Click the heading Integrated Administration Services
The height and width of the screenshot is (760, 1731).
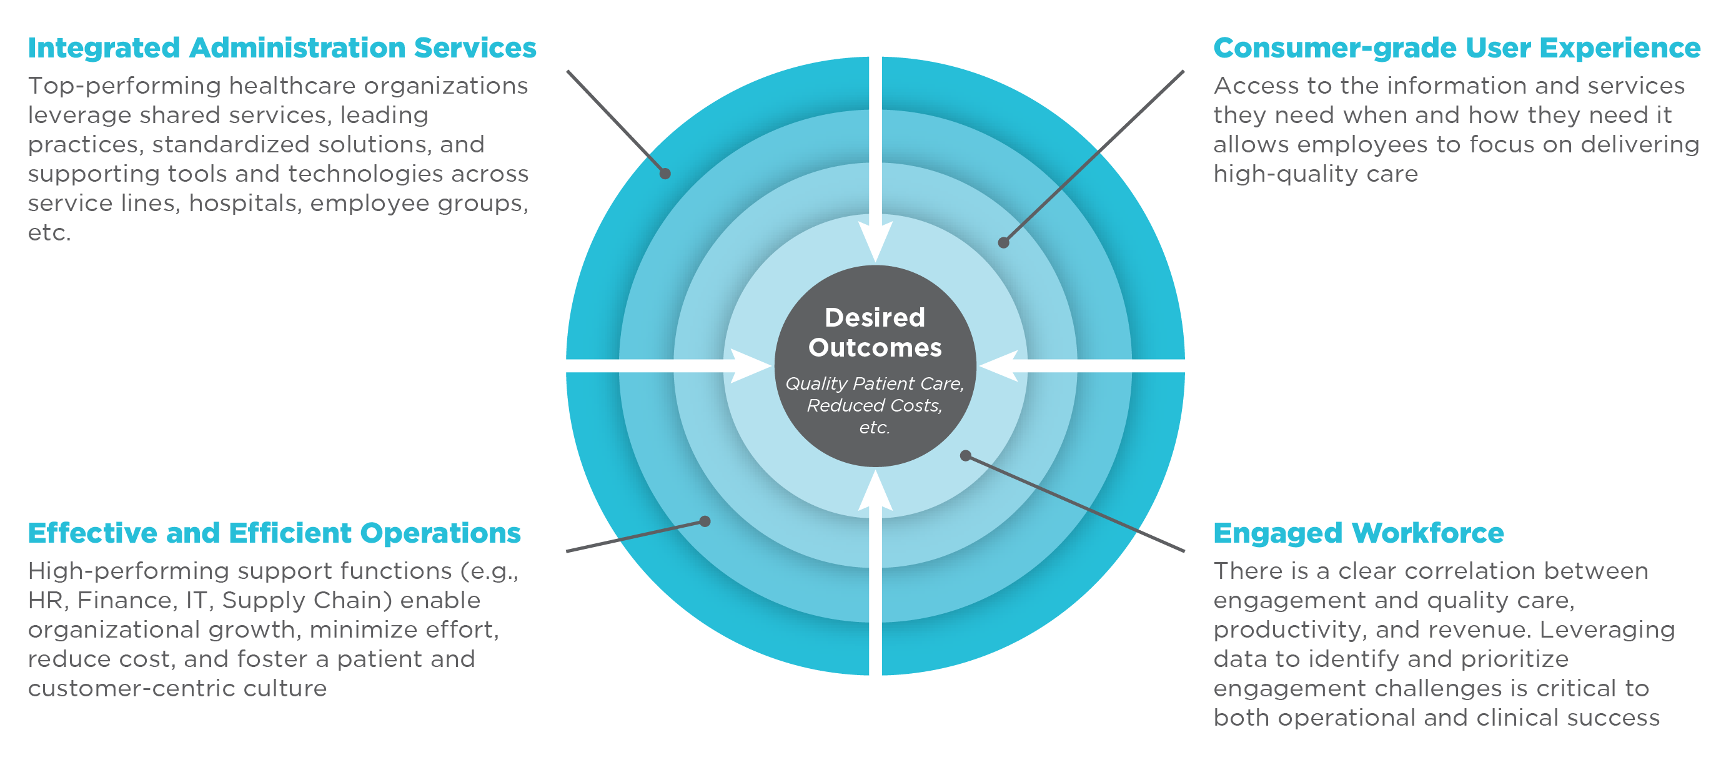point(282,48)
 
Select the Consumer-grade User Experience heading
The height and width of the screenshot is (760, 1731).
point(1456,48)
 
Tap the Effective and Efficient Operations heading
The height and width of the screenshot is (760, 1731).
point(274,533)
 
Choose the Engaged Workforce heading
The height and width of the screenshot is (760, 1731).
point(1358,533)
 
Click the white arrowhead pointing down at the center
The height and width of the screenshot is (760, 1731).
point(875,239)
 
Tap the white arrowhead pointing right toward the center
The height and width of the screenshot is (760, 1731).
point(748,365)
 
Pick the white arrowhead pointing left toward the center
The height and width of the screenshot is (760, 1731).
point(1001,365)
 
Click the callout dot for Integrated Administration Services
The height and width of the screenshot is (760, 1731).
point(665,174)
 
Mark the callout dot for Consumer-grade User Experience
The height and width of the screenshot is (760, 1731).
point(1003,242)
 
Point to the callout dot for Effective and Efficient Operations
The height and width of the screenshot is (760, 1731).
point(705,521)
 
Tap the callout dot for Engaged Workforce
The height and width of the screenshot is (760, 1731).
point(966,456)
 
